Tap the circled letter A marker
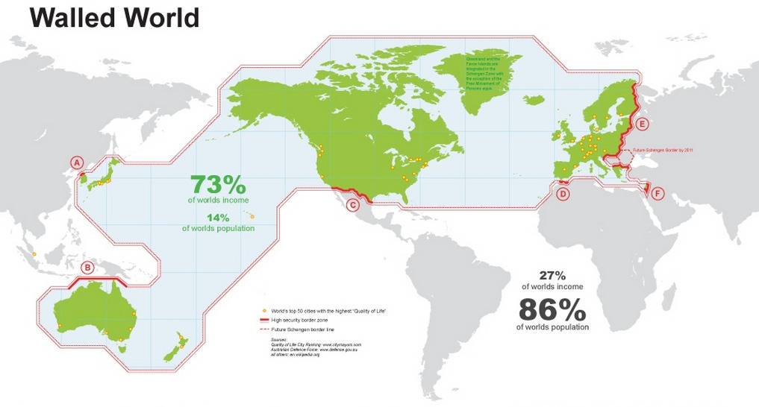pos(75,163)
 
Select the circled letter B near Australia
pos(87,268)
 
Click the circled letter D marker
pos(563,194)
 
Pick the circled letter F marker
pos(657,194)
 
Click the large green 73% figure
pos(218,184)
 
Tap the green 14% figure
pos(218,218)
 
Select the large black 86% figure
pos(552,309)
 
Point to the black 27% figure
pos(553,275)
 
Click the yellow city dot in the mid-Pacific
pos(252,217)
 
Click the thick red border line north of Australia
pos(98,278)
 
